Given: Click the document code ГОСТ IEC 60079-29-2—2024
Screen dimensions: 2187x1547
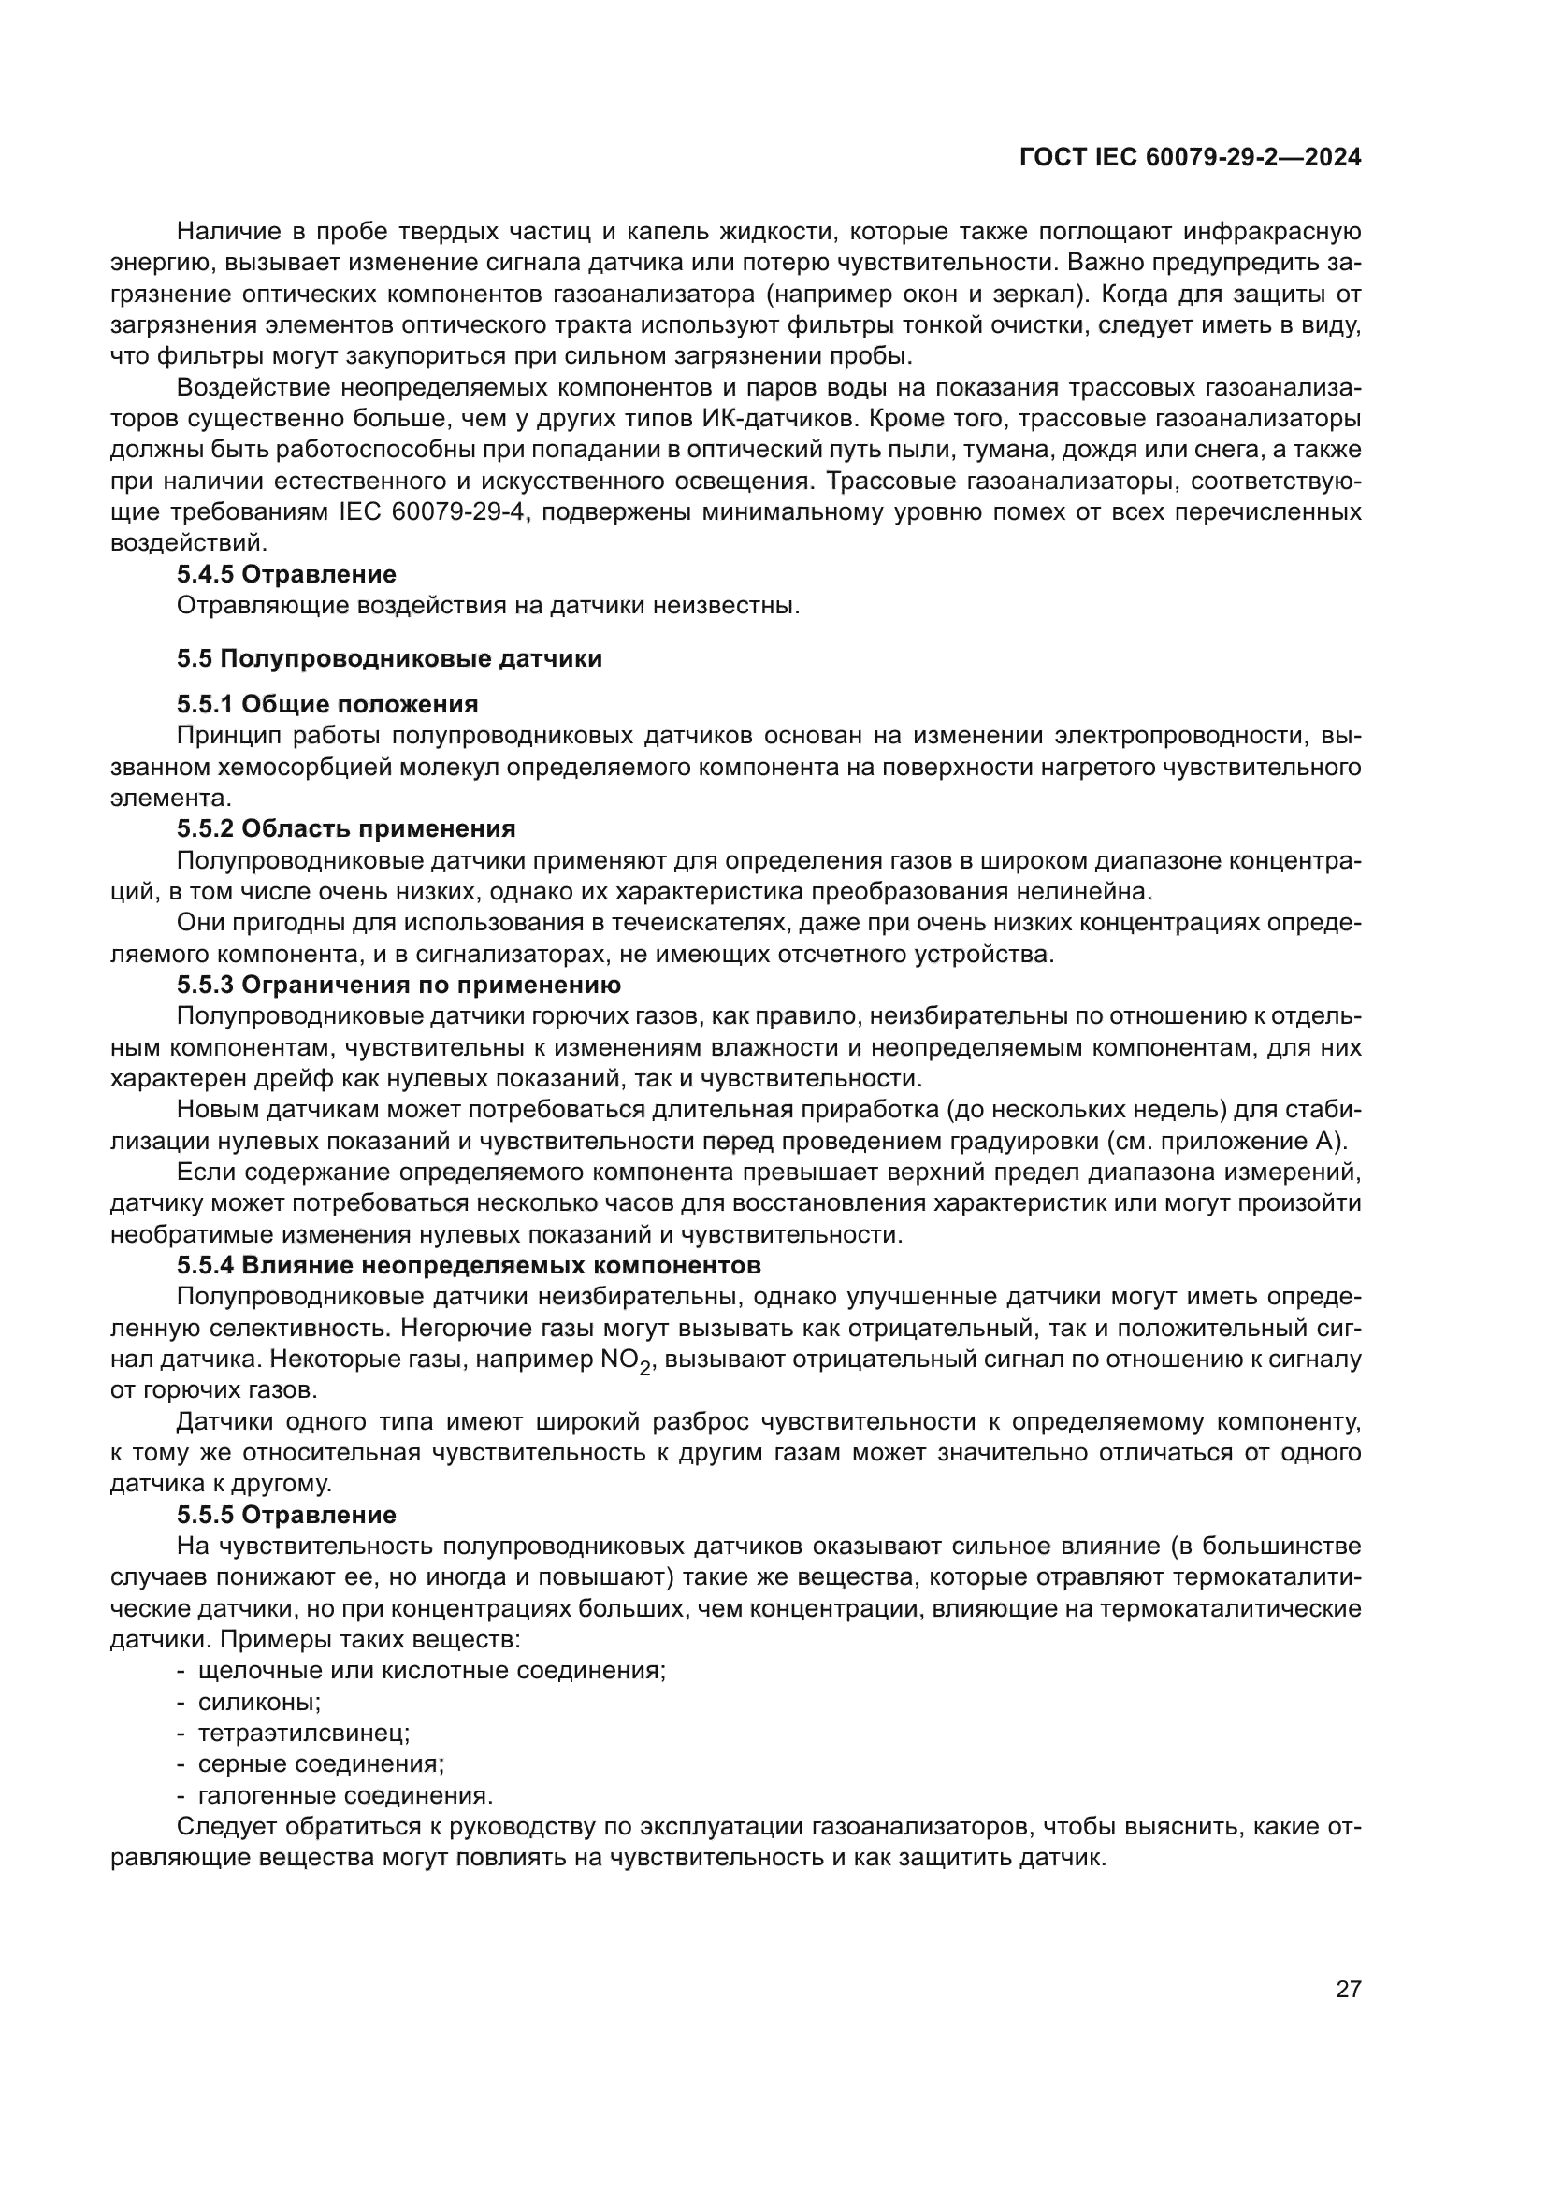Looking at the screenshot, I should (x=1190, y=158).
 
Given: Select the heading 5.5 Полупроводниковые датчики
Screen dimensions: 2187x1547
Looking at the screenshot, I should (x=390, y=658).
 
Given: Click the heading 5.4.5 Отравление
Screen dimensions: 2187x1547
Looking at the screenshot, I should (x=287, y=574).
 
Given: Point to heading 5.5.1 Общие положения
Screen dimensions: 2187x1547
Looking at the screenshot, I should (x=327, y=704).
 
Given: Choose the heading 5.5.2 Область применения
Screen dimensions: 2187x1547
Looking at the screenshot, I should (x=346, y=828).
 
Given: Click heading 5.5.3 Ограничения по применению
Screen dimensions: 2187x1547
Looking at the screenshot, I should (x=399, y=984).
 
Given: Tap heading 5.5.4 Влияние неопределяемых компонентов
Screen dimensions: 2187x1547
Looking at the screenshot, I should (x=469, y=1266).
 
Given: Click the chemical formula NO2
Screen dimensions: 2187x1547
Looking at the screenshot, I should (x=625, y=1362).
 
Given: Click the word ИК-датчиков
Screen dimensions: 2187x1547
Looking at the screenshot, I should (x=773, y=419).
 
